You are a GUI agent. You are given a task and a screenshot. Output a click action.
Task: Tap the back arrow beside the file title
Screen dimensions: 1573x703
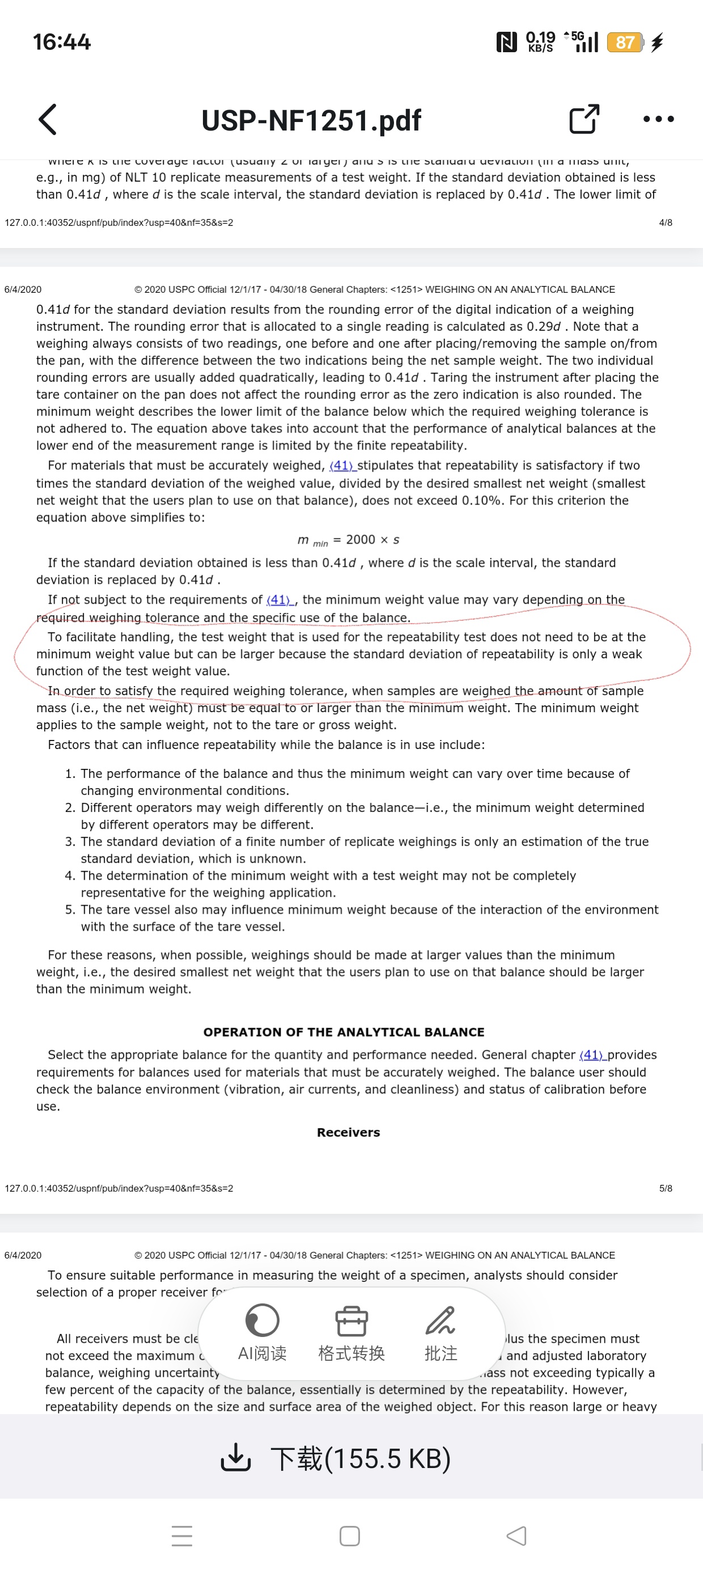pos(48,119)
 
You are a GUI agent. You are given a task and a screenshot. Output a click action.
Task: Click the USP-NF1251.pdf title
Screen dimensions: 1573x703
pos(311,120)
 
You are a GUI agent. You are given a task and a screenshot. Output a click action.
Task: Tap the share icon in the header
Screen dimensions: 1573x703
pos(583,119)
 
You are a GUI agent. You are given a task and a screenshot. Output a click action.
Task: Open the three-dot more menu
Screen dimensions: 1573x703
pos(658,119)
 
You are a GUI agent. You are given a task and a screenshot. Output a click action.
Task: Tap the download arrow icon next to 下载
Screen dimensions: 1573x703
pos(235,1458)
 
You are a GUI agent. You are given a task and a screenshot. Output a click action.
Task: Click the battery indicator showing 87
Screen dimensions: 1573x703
pos(624,42)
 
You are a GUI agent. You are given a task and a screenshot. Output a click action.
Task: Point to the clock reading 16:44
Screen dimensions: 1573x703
pos(62,42)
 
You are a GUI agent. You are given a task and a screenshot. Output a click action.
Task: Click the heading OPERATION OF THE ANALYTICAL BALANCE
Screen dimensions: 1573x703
pos(344,1032)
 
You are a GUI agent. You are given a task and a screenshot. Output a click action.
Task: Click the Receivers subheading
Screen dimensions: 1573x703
pos(348,1132)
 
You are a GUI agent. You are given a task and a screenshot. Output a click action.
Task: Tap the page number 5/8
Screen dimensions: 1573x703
pos(665,1188)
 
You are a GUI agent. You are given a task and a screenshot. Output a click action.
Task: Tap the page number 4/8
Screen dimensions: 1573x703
pos(665,222)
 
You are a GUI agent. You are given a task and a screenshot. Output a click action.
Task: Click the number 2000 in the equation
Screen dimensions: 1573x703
pos(360,539)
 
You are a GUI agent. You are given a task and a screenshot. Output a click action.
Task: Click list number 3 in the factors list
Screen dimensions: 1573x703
pos(70,842)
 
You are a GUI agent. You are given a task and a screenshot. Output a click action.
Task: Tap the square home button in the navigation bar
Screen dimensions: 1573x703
pos(349,1536)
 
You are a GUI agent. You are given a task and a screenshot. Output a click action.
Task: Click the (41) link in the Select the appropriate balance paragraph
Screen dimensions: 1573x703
pos(591,1054)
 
